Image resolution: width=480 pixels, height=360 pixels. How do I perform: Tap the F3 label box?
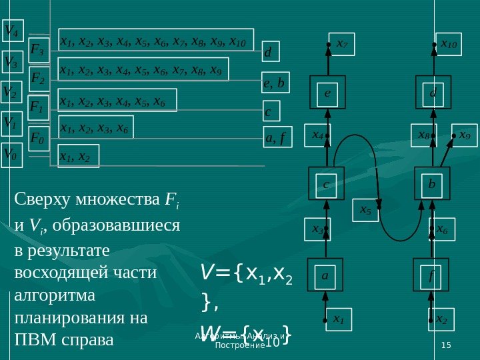pyautogui.click(x=38, y=49)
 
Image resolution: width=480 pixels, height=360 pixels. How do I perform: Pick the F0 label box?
pyautogui.click(x=38, y=139)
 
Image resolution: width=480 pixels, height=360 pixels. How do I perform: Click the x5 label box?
pyautogui.click(x=366, y=210)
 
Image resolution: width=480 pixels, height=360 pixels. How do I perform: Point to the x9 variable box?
pyautogui.click(x=465, y=135)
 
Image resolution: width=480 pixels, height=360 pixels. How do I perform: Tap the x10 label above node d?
pyautogui.click(x=449, y=44)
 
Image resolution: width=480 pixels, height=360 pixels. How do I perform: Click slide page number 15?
pyautogui.click(x=446, y=343)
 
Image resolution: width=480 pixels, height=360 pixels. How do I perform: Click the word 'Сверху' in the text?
pyautogui.click(x=37, y=198)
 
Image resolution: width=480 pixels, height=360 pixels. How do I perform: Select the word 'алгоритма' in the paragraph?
pyautogui.click(x=44, y=294)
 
